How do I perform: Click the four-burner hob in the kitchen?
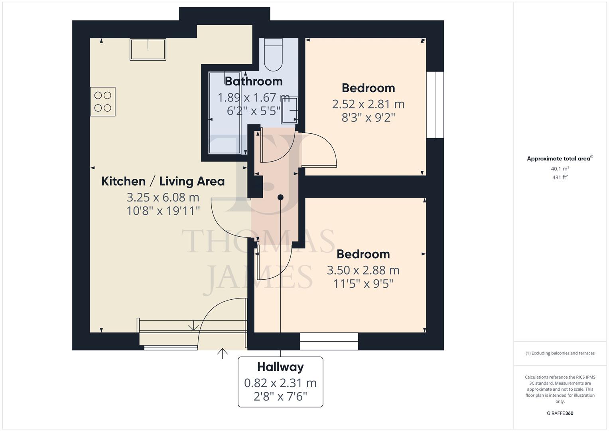coord(102,102)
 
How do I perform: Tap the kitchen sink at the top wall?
coord(148,49)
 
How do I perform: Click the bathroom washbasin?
coord(289,110)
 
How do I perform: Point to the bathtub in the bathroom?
coord(225,113)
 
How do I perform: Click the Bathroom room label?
coord(254,81)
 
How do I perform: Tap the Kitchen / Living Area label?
coord(163,181)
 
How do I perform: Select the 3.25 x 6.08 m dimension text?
coord(163,197)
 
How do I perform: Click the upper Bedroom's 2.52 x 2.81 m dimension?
coord(368,104)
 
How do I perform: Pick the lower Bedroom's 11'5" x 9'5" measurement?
coord(363,284)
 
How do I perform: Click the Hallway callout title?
coord(280,367)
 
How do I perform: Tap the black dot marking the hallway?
coord(280,197)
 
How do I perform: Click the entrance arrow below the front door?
coord(222,353)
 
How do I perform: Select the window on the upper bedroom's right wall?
coord(435,105)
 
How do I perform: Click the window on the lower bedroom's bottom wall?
coord(329,341)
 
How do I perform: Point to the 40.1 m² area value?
coord(560,169)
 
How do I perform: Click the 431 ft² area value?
coord(560,177)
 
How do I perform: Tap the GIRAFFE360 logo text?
coord(560,413)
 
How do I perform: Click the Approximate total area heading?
coord(560,158)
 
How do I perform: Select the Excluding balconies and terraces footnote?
coord(560,353)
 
